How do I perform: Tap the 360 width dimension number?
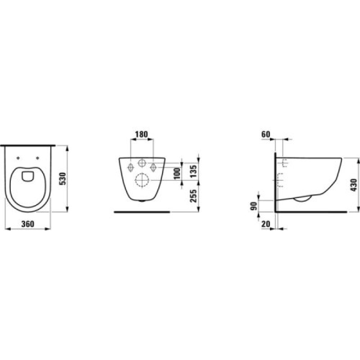[28, 224]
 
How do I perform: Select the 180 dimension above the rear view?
[142, 134]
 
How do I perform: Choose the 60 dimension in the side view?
[265, 134]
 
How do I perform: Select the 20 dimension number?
[265, 224]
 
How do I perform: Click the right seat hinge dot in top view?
[38, 157]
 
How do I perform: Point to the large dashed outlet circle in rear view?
[142, 180]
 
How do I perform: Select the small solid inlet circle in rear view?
[142, 163]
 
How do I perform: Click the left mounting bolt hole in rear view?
[130, 167]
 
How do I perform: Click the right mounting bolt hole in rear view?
[153, 167]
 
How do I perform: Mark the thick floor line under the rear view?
[142, 211]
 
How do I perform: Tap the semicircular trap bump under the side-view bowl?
[302, 198]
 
